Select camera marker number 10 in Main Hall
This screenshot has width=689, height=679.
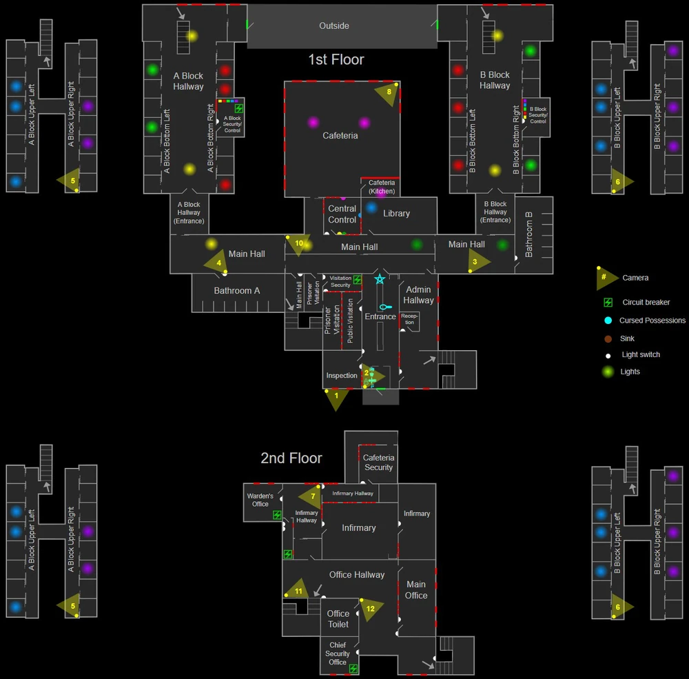pos(298,244)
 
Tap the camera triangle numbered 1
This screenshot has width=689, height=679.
pos(336,397)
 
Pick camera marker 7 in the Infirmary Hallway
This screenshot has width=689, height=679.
pos(312,496)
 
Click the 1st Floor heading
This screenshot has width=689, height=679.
pos(336,59)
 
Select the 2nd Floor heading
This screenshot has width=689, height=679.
pos(291,458)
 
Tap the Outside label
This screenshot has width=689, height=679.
pos(334,26)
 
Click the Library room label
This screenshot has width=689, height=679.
pos(396,213)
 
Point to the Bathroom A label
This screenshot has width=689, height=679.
pos(237,291)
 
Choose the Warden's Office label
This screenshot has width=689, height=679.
pos(260,500)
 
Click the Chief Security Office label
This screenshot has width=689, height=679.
pos(338,653)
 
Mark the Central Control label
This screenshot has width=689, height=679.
pos(342,214)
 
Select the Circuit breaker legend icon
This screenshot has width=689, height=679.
pos(608,302)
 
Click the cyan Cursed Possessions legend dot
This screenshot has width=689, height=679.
pos(608,320)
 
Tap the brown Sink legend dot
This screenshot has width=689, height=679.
pos(608,338)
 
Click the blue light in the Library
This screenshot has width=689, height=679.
pos(371,207)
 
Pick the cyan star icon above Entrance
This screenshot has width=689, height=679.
pos(380,278)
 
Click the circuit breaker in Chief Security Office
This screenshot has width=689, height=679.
pos(353,669)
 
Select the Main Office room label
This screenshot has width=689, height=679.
pos(415,589)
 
